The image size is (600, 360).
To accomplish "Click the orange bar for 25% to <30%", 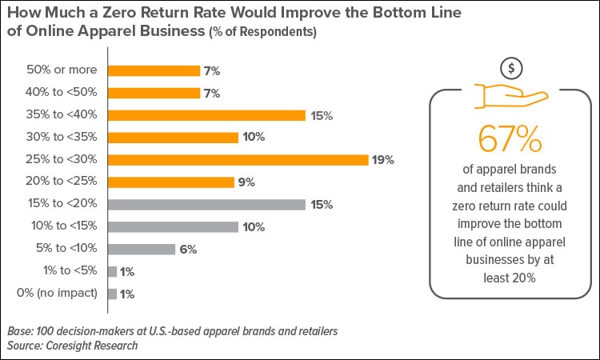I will coord(238,159).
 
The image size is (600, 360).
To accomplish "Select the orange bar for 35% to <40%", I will coord(206,115).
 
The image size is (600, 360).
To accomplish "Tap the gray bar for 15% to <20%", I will coord(206,204).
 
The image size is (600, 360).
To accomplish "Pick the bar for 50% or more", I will coord(154,70).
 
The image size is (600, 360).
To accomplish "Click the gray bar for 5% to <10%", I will coord(141,249).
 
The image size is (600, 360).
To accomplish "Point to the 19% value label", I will coord(382,160).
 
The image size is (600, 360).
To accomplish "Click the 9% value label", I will coord(246,182).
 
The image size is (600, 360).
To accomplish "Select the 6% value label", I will coord(188,250).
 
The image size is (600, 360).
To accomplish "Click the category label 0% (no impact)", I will coord(58,294).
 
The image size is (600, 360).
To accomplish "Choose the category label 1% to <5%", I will coord(69,271).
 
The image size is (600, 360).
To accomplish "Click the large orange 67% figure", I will coord(510,138).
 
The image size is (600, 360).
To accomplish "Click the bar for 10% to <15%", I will coord(173,226).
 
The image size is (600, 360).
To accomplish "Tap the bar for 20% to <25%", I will coord(170,182).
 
